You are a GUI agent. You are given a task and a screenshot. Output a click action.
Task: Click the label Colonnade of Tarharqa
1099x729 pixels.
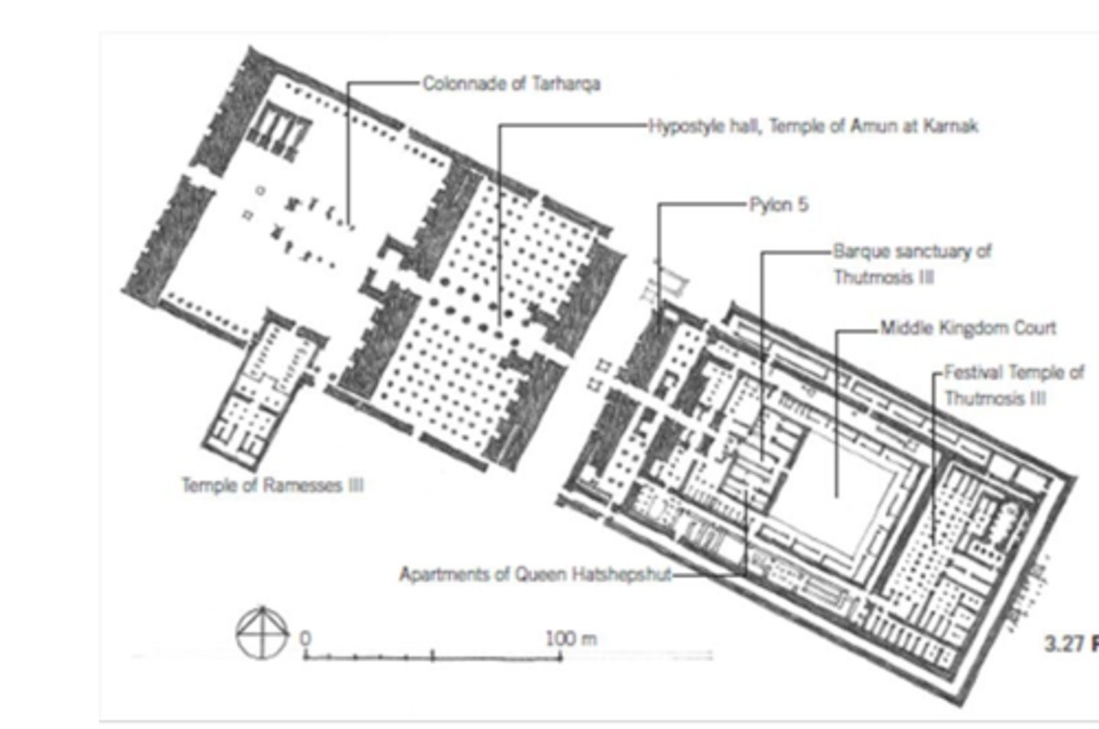tap(511, 83)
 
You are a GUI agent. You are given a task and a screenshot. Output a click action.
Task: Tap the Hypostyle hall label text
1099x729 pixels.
tap(814, 126)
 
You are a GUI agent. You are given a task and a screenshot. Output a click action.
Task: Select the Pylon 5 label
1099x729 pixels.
tap(778, 205)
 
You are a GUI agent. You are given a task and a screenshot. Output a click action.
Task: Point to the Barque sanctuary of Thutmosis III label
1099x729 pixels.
tap(912, 264)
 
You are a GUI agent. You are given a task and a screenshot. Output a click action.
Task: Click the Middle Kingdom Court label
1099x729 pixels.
tap(968, 328)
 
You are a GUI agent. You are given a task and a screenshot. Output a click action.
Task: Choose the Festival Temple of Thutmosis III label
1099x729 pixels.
tap(1014, 385)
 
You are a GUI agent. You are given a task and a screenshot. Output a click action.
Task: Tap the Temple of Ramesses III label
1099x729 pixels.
tap(272, 485)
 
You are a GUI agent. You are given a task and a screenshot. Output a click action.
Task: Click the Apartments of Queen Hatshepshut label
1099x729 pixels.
tap(536, 573)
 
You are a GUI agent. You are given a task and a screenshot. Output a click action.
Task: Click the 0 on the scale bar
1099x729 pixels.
tap(305, 637)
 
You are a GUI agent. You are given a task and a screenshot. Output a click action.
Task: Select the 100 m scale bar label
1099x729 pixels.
tap(571, 638)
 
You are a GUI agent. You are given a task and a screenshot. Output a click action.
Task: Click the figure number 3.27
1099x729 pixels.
tap(1064, 644)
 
